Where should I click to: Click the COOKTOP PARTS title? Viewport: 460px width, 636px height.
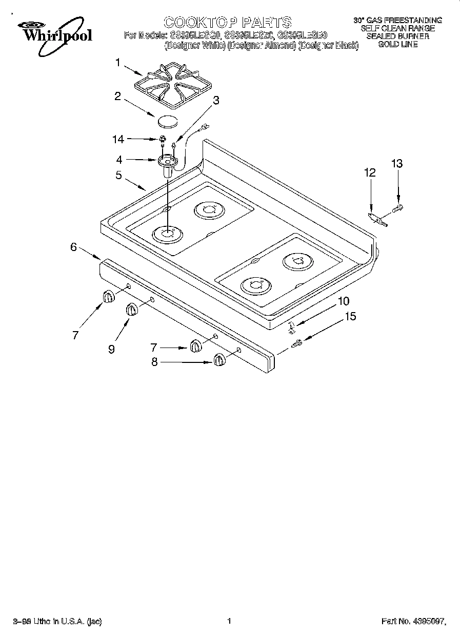pyautogui.click(x=227, y=22)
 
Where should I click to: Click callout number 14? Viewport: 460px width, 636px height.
pyautogui.click(x=118, y=139)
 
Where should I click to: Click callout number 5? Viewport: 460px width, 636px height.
pyautogui.click(x=118, y=175)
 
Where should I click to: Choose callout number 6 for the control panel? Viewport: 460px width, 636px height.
pyautogui.click(x=74, y=247)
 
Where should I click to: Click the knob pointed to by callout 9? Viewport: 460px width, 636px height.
pyautogui.click(x=132, y=311)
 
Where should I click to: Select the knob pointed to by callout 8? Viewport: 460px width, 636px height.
pyautogui.click(x=219, y=360)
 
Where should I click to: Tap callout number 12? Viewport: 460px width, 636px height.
pyautogui.click(x=370, y=173)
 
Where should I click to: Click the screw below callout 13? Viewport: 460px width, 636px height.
pyautogui.click(x=398, y=208)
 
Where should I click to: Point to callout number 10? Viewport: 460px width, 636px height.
pyautogui.click(x=343, y=301)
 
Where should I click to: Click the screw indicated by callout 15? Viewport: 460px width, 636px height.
pyautogui.click(x=297, y=344)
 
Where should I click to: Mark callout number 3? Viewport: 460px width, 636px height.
pyautogui.click(x=216, y=101)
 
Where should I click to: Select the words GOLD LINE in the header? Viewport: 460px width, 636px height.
pyautogui.click(x=397, y=44)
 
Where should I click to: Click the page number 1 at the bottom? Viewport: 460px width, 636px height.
pyautogui.click(x=229, y=621)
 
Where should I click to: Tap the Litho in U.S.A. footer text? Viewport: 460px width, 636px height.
pyautogui.click(x=57, y=622)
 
